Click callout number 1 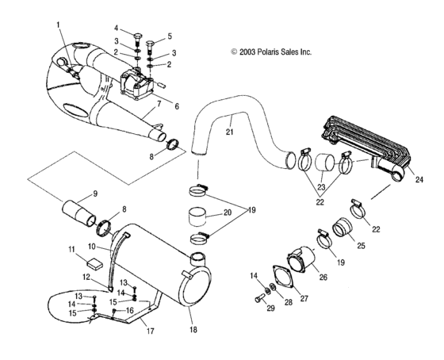(x=59, y=25)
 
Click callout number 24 (x=419, y=180)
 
